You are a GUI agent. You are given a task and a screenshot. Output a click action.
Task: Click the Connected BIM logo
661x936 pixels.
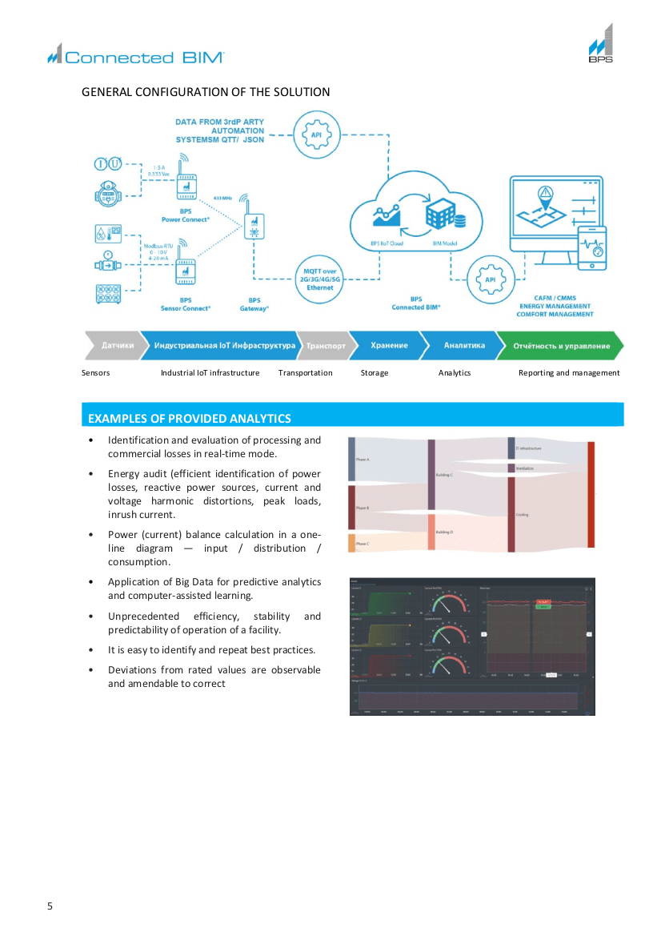point(135,56)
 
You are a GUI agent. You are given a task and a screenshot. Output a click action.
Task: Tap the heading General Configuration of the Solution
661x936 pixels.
point(206,92)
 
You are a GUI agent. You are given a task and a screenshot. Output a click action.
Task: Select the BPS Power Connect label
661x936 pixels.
point(185,215)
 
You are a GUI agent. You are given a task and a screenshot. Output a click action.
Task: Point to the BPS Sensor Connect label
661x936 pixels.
point(185,303)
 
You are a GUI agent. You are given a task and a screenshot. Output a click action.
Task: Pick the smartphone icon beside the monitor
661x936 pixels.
point(592,251)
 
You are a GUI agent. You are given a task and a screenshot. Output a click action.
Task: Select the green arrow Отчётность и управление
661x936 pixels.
point(560,346)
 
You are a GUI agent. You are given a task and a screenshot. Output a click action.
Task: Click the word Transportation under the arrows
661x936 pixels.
point(305,373)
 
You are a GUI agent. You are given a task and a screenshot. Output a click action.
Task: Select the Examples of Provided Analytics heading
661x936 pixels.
point(190,418)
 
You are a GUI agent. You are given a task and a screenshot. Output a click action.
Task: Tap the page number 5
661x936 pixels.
point(50,906)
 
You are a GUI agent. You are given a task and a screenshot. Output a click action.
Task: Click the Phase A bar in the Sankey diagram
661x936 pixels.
point(351,459)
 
